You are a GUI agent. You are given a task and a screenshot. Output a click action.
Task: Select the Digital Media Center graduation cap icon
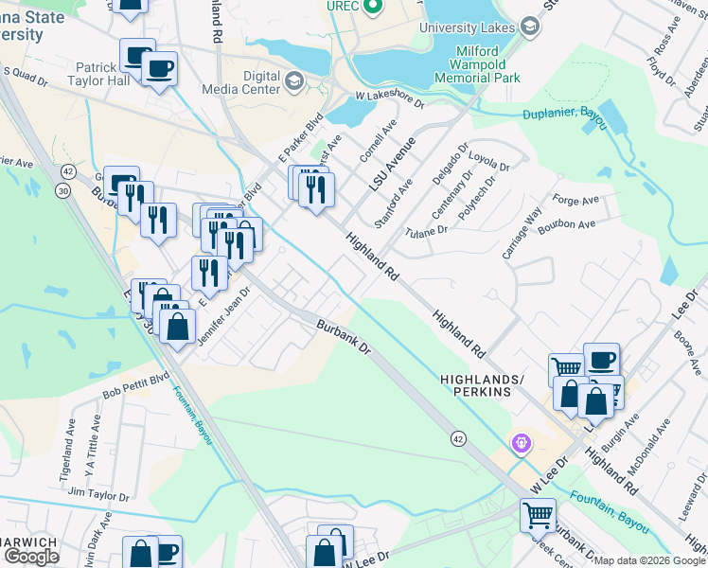(x=293, y=80)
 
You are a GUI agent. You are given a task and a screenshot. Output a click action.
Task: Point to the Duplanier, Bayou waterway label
(x=565, y=116)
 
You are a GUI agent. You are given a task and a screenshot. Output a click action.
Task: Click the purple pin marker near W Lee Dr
(x=520, y=442)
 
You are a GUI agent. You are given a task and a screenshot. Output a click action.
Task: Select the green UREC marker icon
(x=373, y=8)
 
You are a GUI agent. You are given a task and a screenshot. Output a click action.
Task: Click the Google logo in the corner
(x=31, y=557)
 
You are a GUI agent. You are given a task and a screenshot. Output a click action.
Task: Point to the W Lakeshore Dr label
(x=390, y=98)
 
